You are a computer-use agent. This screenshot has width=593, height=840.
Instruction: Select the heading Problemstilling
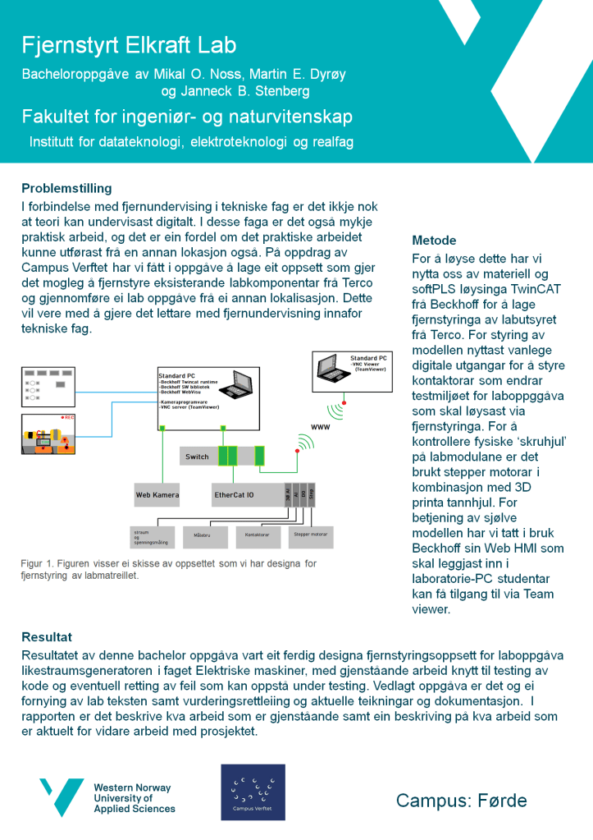click(66, 189)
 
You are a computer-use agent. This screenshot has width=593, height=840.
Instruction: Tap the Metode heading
click(434, 241)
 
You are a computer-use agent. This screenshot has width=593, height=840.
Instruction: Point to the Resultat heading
click(47, 636)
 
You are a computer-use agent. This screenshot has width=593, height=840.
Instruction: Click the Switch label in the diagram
click(197, 457)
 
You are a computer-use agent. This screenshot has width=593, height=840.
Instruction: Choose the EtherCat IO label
click(234, 494)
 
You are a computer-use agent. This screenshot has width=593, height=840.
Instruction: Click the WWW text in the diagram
click(320, 428)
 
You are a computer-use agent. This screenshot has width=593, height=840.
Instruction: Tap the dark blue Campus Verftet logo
click(253, 792)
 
